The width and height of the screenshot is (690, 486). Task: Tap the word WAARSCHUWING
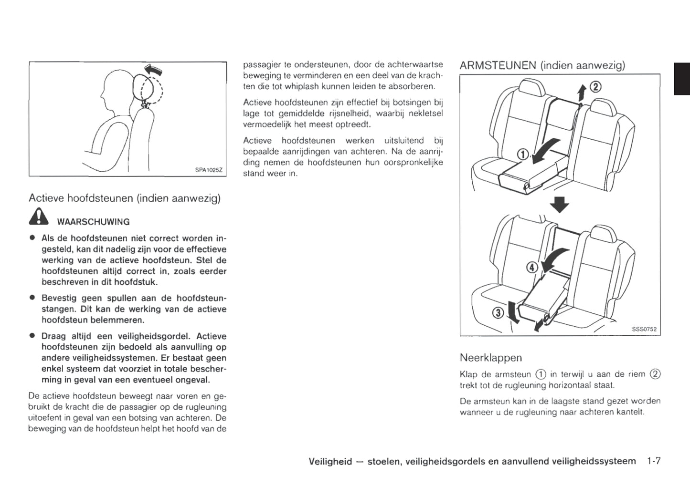pos(93,222)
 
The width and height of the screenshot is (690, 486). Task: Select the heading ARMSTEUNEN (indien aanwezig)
pos(542,65)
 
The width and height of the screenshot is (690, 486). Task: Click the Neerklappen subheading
pos(490,357)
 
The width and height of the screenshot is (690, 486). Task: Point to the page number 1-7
pos(653,461)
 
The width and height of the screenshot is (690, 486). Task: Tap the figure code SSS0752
pos(644,329)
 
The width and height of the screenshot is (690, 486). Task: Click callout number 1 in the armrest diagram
pos(523,154)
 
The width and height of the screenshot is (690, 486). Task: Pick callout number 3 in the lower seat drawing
pos(498,313)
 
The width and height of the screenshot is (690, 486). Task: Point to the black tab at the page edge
pos(682,79)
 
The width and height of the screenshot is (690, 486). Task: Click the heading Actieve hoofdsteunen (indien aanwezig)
pos(125,198)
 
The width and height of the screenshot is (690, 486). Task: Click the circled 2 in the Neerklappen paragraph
pos(655,374)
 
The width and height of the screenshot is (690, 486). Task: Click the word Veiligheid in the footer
pos(330,461)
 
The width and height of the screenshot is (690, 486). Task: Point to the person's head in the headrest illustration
pos(118,88)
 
